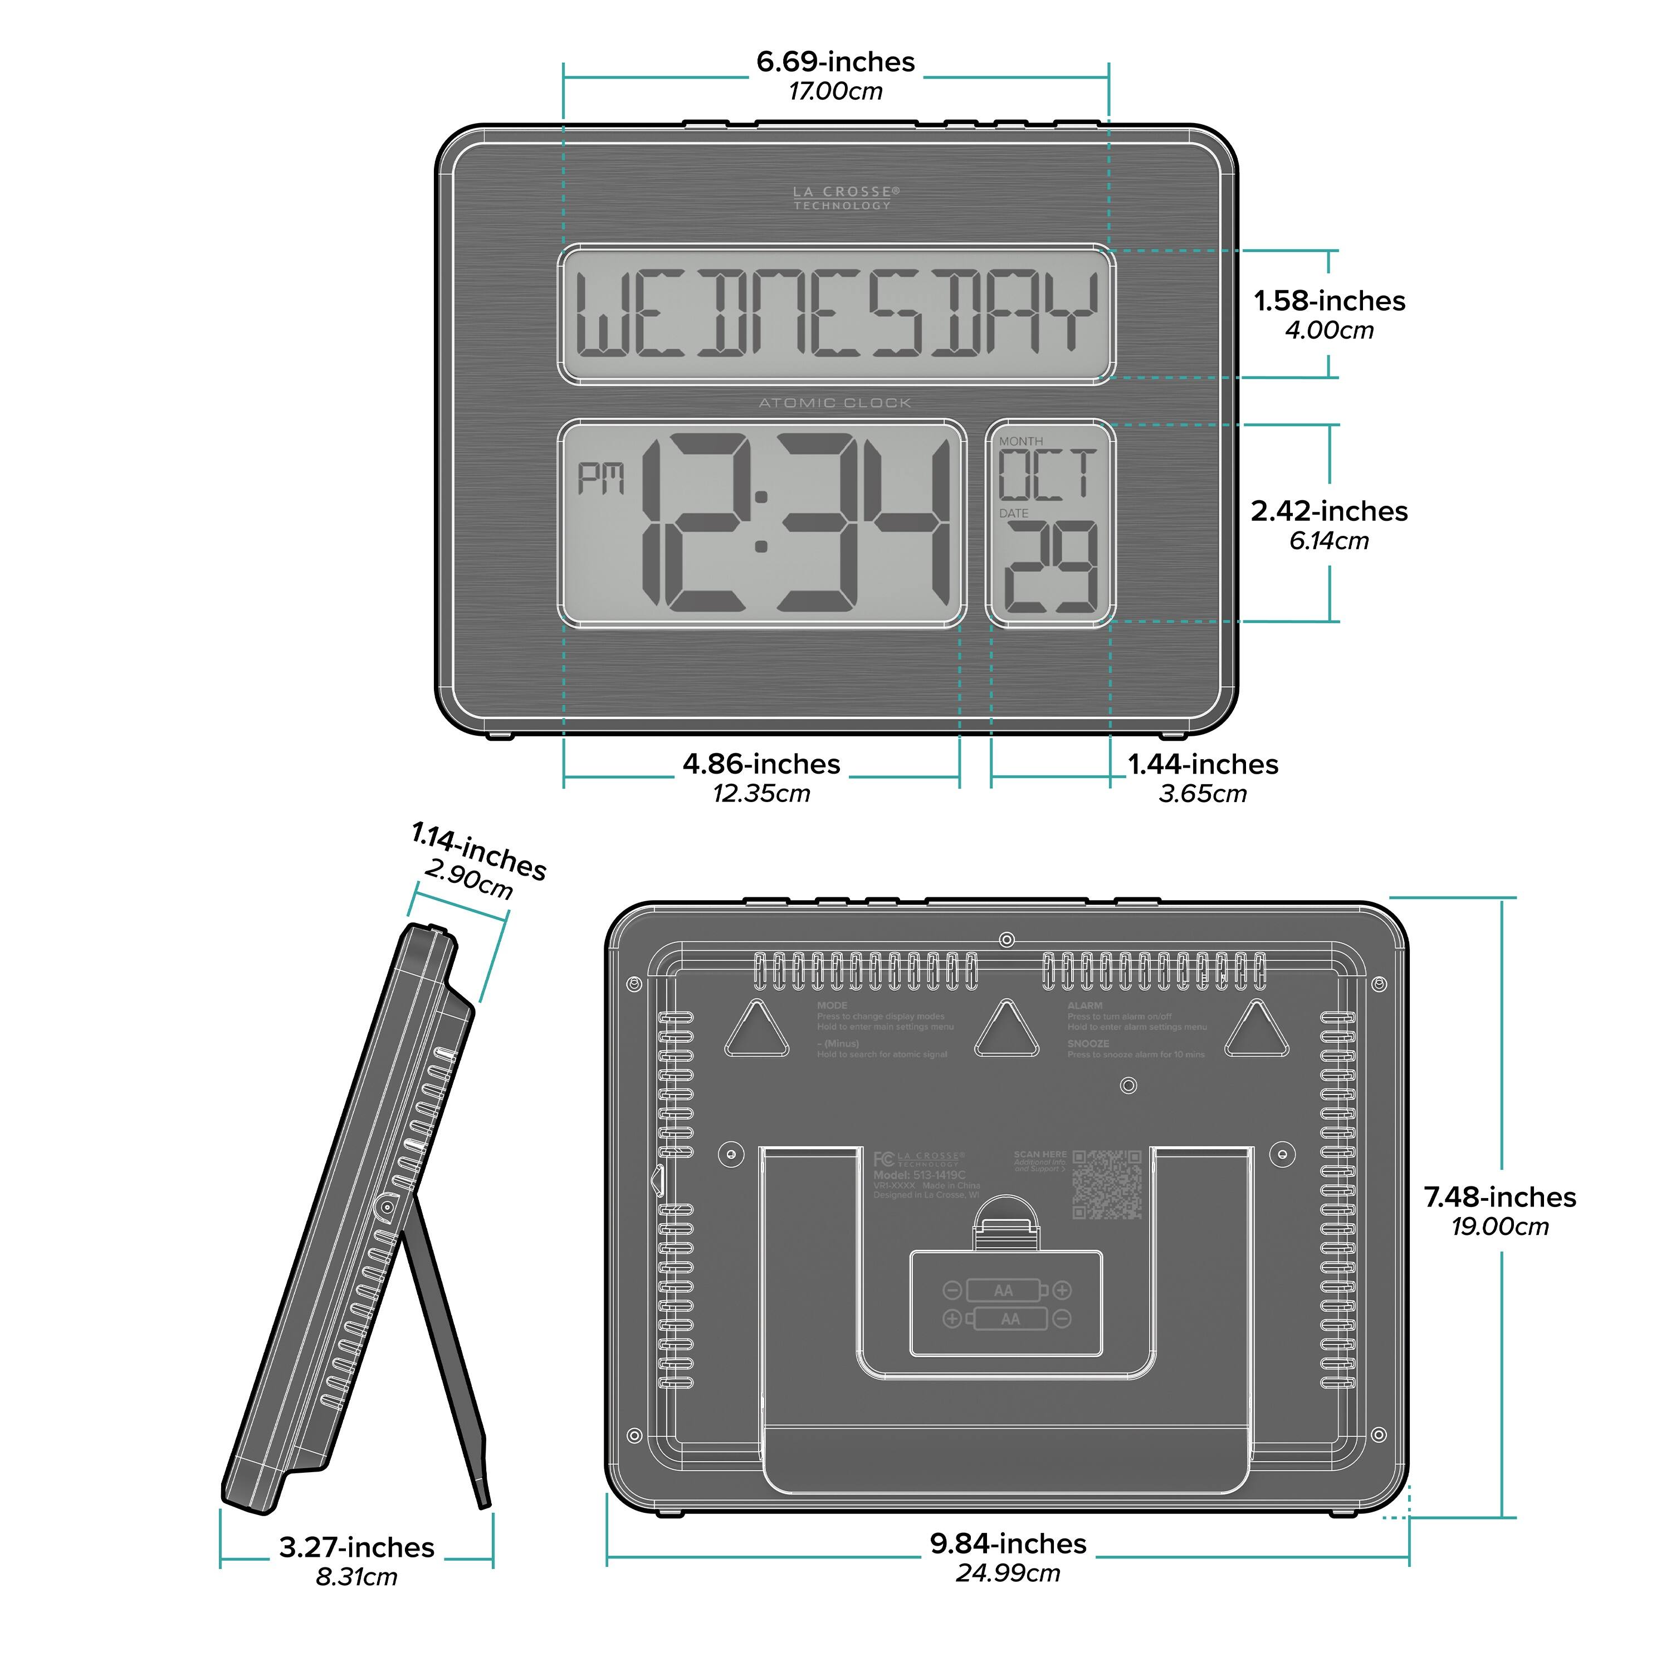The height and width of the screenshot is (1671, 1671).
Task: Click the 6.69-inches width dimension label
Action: click(836, 62)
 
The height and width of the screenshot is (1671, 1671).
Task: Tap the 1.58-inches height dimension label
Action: click(1330, 301)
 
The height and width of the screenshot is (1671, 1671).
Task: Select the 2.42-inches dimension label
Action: click(1330, 511)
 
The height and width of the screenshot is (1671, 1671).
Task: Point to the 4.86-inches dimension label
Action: click(761, 765)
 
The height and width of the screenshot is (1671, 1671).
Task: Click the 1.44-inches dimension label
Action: click(1203, 765)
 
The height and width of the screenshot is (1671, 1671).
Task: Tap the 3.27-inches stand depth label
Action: click(356, 1547)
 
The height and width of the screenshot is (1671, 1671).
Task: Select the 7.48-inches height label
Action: click(1501, 1197)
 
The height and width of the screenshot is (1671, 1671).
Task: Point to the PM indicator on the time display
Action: click(601, 478)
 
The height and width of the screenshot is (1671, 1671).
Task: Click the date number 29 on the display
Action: click(1052, 568)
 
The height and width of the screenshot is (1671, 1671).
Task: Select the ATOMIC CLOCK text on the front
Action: click(834, 403)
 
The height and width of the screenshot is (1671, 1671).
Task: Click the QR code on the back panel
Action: click(1107, 1184)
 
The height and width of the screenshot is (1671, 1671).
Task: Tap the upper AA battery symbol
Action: click(1003, 1291)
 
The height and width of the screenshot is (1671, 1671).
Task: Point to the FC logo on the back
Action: click(883, 1160)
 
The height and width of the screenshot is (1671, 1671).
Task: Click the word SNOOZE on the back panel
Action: click(1088, 1044)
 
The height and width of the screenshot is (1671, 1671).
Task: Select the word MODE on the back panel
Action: click(832, 1006)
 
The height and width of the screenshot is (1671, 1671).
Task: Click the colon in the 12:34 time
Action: click(761, 521)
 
